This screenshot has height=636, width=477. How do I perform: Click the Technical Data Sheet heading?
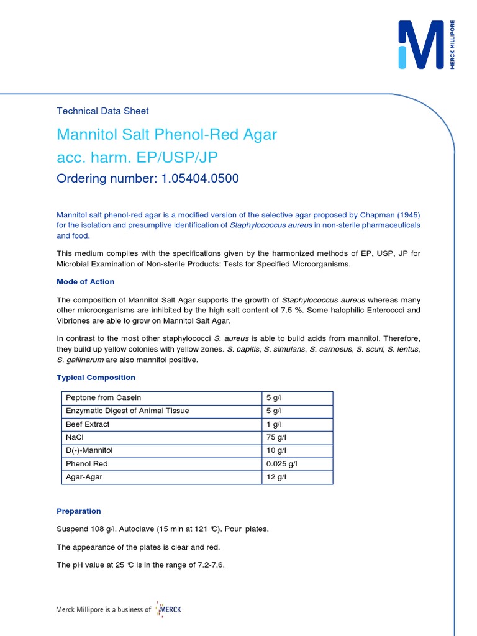102,111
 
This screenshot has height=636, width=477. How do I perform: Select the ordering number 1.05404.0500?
199,179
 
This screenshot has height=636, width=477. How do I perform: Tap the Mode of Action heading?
85,282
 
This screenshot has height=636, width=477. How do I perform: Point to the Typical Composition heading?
96,378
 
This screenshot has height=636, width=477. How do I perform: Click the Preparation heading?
78,511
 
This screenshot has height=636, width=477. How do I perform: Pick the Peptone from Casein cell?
103,397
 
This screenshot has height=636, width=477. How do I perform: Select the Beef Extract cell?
88,424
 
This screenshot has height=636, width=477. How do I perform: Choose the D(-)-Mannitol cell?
89,451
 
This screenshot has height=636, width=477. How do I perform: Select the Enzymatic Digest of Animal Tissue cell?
127,411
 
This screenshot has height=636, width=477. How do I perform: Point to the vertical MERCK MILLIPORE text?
453,45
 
